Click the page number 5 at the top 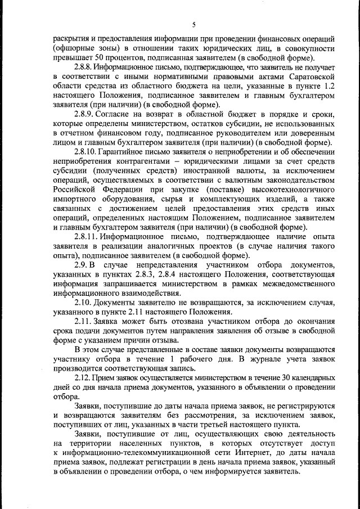(x=193, y=25)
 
